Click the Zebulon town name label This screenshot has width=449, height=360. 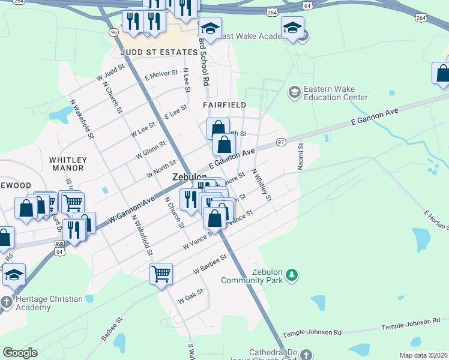point(190,178)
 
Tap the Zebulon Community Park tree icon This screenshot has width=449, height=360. point(292,275)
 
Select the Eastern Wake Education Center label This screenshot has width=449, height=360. point(336,93)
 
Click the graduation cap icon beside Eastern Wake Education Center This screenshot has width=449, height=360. point(294,92)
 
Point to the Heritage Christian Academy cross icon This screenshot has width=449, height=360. point(6,301)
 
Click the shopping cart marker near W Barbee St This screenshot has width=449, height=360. point(161,274)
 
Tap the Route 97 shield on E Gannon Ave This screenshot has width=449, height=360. point(281,142)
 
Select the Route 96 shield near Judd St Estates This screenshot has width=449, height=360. point(113,32)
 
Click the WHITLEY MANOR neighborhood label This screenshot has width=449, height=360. point(68,164)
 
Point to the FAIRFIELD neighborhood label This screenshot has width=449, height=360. point(224,104)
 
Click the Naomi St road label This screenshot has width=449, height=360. point(301,155)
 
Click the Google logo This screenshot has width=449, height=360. point(20,353)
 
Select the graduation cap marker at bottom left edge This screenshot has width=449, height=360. point(13,275)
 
